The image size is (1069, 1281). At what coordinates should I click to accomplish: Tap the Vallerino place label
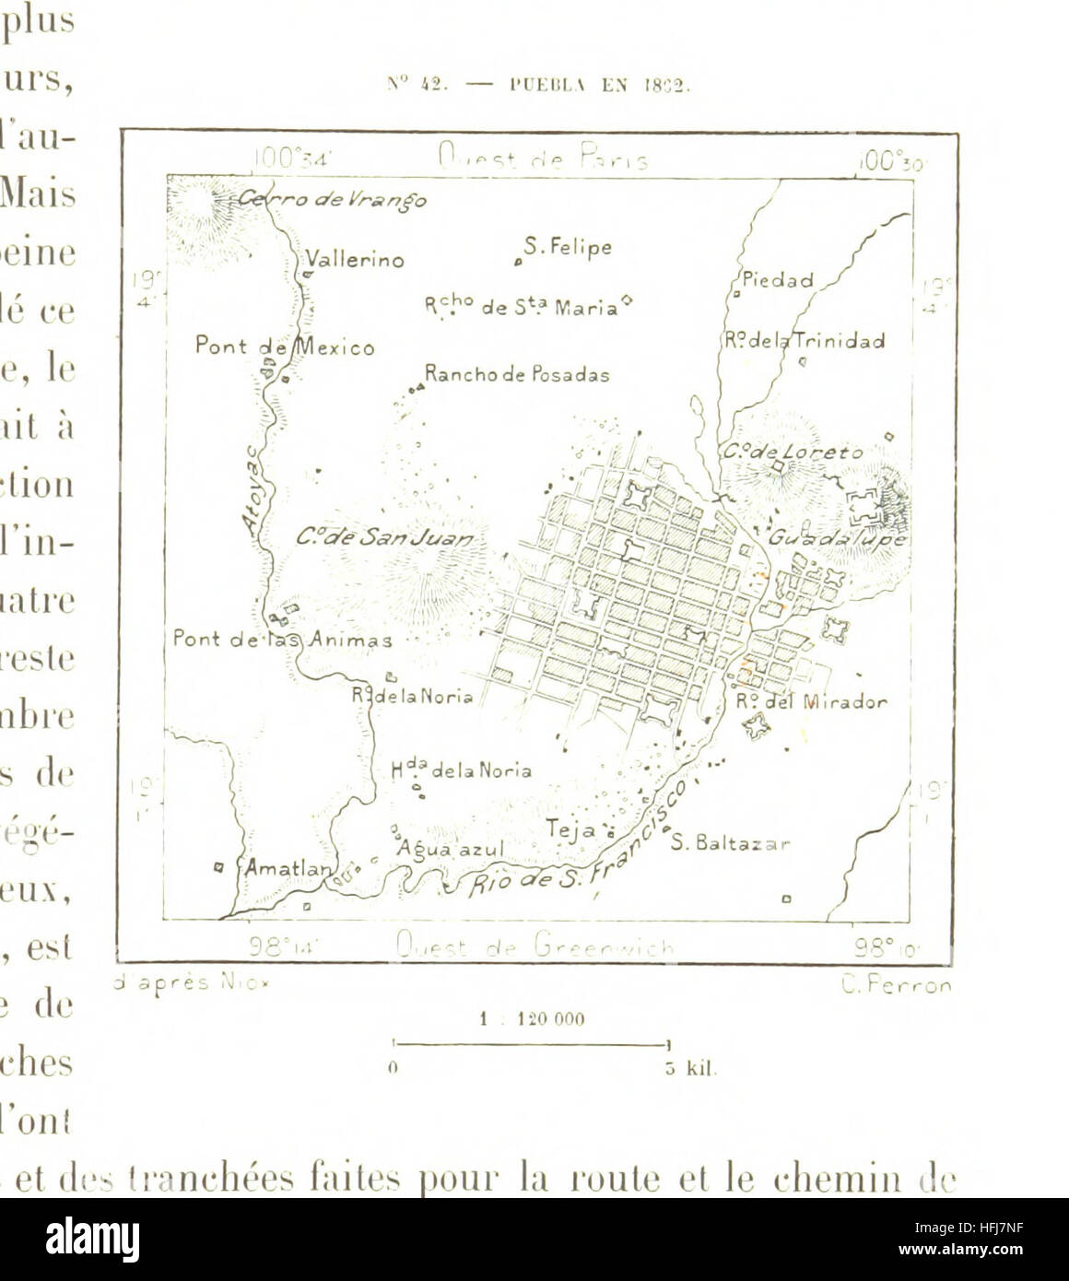point(355,260)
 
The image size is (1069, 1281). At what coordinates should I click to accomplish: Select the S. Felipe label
point(567,247)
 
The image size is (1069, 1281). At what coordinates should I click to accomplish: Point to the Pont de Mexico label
point(285,347)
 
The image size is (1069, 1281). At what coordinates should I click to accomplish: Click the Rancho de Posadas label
point(516,375)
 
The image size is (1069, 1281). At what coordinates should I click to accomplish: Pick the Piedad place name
point(778,280)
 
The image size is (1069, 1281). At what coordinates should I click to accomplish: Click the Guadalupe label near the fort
point(839,537)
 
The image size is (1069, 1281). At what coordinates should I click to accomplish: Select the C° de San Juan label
point(386,537)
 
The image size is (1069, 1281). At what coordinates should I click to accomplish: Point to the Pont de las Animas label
point(282,639)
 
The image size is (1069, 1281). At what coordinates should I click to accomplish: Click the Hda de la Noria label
point(461,770)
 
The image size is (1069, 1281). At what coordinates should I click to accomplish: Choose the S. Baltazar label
point(730,842)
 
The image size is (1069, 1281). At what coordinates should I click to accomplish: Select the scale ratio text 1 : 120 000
point(532,1019)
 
